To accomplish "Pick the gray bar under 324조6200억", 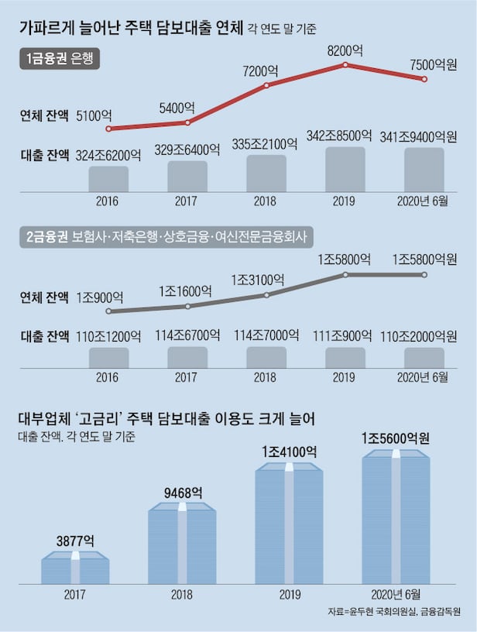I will pos(108,177).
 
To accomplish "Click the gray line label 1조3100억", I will pos(263,280).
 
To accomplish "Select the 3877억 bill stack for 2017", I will pos(75,569).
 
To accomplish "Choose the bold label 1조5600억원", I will pos(395,438).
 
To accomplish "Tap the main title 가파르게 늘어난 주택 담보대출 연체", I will pos(143,29).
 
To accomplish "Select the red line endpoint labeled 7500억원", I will pos(424,79).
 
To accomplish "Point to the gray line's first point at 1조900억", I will pos(108,311).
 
